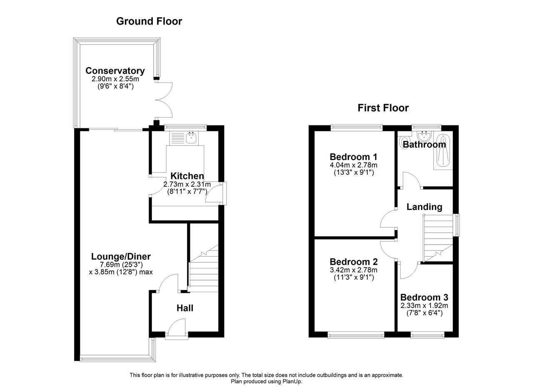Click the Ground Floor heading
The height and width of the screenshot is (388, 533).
point(149,21)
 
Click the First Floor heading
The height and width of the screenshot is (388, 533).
point(383,108)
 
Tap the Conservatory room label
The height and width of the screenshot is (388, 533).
point(115,71)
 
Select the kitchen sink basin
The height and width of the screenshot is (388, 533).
point(192,138)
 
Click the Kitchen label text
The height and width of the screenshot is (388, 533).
point(187,176)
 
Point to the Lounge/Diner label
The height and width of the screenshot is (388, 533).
point(121,257)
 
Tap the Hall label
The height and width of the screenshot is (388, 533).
point(185,308)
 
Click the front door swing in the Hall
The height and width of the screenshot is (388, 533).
point(177,328)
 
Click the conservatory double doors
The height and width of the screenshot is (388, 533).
point(164,100)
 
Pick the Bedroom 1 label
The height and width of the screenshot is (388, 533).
point(354,157)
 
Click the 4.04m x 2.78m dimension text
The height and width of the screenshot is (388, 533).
point(354,165)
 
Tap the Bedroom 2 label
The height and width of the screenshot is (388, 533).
point(354,262)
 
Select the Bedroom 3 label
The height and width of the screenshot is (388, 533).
point(424,298)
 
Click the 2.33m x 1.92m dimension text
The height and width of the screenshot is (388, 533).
point(424,305)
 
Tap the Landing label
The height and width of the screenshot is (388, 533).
point(424,207)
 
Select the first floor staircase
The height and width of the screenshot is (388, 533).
point(438,238)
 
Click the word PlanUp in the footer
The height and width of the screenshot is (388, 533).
point(292,381)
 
